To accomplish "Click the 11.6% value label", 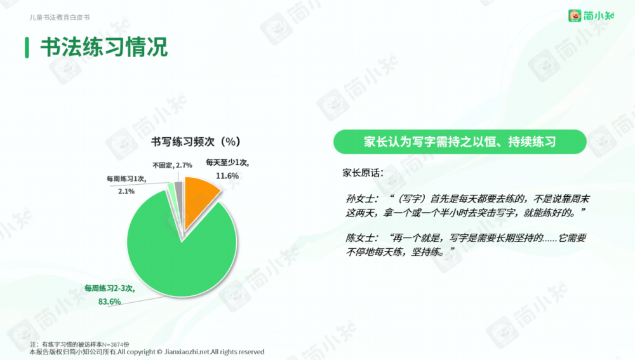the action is [x=227, y=176].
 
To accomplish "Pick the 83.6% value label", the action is [x=109, y=302].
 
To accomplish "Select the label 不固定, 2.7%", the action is [x=172, y=165].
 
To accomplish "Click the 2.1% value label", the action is [x=126, y=191].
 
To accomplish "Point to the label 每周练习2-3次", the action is [x=109, y=288].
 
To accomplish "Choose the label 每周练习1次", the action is [x=126, y=178].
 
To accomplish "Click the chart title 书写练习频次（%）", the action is [x=196, y=142].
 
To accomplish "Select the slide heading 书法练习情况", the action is [x=104, y=47].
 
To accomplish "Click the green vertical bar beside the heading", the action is [x=27, y=48].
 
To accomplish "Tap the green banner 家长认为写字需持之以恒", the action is [x=460, y=142].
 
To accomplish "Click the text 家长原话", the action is [x=363, y=173].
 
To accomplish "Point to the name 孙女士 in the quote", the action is [x=361, y=199].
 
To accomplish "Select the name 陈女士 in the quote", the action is [x=361, y=237].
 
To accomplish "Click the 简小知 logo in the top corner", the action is [x=591, y=15].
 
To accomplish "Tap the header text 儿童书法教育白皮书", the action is [x=60, y=17].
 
